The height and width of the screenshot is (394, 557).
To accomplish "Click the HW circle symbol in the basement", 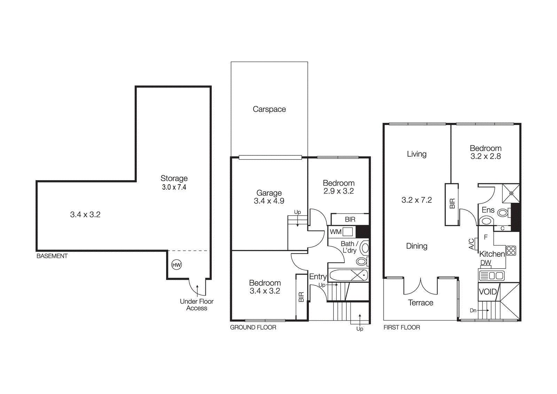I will (x=176, y=265).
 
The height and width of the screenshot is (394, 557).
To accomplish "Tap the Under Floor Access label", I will (x=197, y=304).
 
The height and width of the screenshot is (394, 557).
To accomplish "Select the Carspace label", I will (x=269, y=109).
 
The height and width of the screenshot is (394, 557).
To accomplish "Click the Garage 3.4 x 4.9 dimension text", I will (x=269, y=201).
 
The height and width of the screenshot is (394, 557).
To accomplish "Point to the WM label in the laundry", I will (x=336, y=232).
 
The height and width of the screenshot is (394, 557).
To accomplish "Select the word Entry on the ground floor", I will (x=318, y=277).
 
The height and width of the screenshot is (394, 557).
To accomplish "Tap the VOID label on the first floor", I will (x=488, y=292).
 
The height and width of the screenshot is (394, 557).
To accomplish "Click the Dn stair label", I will (x=473, y=310).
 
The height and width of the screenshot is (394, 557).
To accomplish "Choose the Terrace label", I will (x=421, y=303).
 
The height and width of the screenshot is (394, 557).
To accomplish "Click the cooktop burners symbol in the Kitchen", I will (x=511, y=250).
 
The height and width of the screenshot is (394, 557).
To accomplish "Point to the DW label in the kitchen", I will (x=486, y=263).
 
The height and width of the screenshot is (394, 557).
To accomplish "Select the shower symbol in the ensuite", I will (x=511, y=193).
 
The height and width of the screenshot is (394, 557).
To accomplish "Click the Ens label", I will (x=488, y=210).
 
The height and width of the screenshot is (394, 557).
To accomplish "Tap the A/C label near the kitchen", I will (x=471, y=244).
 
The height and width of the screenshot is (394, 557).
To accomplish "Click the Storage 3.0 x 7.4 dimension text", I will (x=174, y=187).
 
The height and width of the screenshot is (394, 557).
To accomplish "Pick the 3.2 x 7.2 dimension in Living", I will (x=417, y=200).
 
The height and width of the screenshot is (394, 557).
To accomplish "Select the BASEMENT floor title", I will (x=52, y=256).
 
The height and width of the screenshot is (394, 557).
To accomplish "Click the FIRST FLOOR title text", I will (x=402, y=327).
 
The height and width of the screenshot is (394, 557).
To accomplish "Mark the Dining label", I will (x=417, y=246).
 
